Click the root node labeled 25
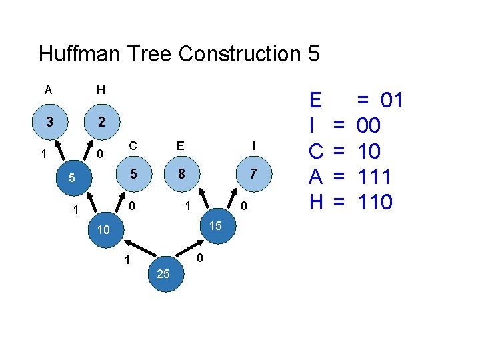(x=163, y=273)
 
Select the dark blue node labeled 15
(x=215, y=226)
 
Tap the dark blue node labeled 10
(x=103, y=230)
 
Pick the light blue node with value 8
(x=181, y=173)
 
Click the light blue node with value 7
(x=253, y=173)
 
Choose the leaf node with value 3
(x=49, y=122)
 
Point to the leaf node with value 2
(x=100, y=122)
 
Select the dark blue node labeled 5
(x=71, y=178)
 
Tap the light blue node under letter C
(x=133, y=173)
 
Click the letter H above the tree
(x=100, y=89)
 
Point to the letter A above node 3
(x=48, y=89)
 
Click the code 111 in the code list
(x=374, y=177)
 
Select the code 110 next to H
(x=374, y=201)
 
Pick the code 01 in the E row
(x=390, y=101)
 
